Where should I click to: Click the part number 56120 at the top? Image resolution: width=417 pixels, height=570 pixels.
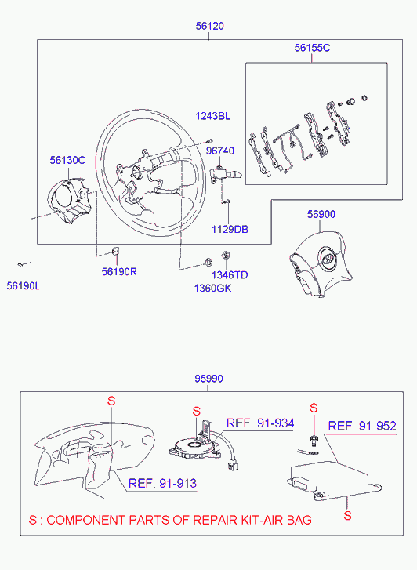pos(210,26)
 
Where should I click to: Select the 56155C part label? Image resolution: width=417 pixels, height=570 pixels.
pos(312,48)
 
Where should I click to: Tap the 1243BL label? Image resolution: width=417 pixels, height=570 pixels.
pos(212,116)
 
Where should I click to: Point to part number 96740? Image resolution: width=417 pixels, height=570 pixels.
pos(220,151)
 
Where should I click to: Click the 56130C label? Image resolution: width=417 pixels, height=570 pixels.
pos(67,160)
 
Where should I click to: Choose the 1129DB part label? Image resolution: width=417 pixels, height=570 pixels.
pos(230,230)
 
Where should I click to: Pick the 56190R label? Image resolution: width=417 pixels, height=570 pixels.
pos(119,271)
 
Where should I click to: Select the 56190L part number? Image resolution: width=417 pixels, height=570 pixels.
pos(24,285)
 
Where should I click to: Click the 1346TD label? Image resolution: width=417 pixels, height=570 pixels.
pos(230,275)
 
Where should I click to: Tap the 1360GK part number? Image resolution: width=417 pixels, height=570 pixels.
pos(212,289)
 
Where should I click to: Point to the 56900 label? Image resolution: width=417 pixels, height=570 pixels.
pos(321,214)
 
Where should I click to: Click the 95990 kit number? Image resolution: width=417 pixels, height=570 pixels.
pos(208,379)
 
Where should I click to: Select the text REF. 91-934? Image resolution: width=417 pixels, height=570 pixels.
pos(260,423)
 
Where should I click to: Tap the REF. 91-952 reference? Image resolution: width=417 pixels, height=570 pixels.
pos(362,426)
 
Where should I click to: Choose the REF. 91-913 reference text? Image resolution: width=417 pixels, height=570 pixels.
pos(162,484)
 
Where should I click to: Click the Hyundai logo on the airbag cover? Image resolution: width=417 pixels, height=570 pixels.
pos(327,259)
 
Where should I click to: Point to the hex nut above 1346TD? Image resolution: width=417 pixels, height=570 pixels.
pos(225,255)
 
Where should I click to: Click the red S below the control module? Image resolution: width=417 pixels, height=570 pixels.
pos(347,515)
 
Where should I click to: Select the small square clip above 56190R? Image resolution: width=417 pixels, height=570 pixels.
pos(115,251)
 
